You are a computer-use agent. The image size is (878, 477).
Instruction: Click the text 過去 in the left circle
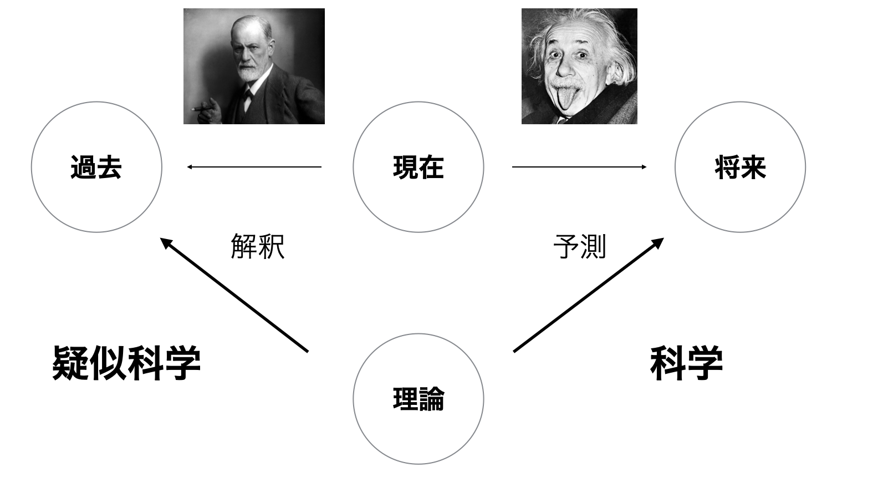pyautogui.click(x=96, y=168)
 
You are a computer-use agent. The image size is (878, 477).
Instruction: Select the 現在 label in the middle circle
pyautogui.click(x=418, y=168)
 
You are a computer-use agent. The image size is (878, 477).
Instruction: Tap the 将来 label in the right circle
pyautogui.click(x=740, y=168)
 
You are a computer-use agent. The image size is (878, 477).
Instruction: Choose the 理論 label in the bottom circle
pyautogui.click(x=418, y=399)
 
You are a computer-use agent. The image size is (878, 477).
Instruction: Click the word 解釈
pyautogui.click(x=258, y=246)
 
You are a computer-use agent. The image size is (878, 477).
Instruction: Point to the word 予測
pyautogui.click(x=579, y=246)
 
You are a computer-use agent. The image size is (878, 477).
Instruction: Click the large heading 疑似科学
pyautogui.click(x=126, y=363)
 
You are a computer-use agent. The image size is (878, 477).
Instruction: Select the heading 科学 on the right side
pyautogui.click(x=686, y=363)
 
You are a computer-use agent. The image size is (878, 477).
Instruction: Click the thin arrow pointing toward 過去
pyautogui.click(x=254, y=167)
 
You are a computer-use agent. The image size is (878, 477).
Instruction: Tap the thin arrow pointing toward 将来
pyautogui.click(x=579, y=167)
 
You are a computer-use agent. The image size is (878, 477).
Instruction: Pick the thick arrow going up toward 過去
pyautogui.click(x=234, y=295)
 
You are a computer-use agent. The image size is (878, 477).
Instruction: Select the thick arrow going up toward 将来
pyautogui.click(x=589, y=295)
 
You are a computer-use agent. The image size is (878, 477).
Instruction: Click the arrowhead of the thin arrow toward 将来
pyautogui.click(x=644, y=167)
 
